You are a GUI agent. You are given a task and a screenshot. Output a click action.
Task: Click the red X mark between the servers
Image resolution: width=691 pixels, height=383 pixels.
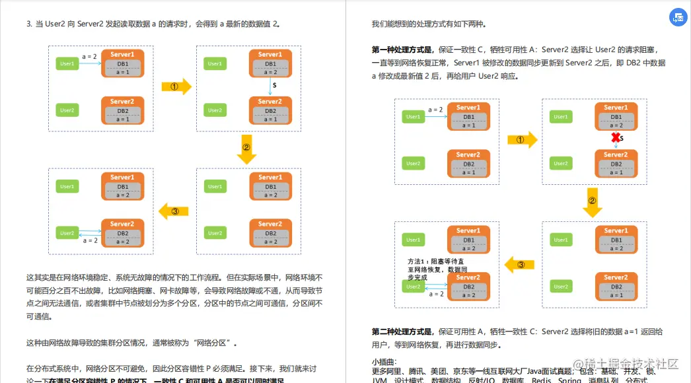point(616,137)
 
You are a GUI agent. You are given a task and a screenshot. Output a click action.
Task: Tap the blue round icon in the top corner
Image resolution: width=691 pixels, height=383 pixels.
point(677,18)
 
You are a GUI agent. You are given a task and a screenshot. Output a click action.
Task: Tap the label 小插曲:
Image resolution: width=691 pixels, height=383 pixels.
point(384,361)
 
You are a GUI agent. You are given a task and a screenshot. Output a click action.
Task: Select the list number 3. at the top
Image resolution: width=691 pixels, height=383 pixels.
point(29,24)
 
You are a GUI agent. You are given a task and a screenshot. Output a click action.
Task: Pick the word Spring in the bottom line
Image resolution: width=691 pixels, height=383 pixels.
point(569,380)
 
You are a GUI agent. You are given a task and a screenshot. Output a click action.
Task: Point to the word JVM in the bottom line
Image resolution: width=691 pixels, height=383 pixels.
point(379,380)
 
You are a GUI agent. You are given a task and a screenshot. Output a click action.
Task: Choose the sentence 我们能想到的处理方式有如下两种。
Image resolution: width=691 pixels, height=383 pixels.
point(429,24)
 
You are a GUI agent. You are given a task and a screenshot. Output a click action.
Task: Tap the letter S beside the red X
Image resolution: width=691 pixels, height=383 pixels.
point(623,139)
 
